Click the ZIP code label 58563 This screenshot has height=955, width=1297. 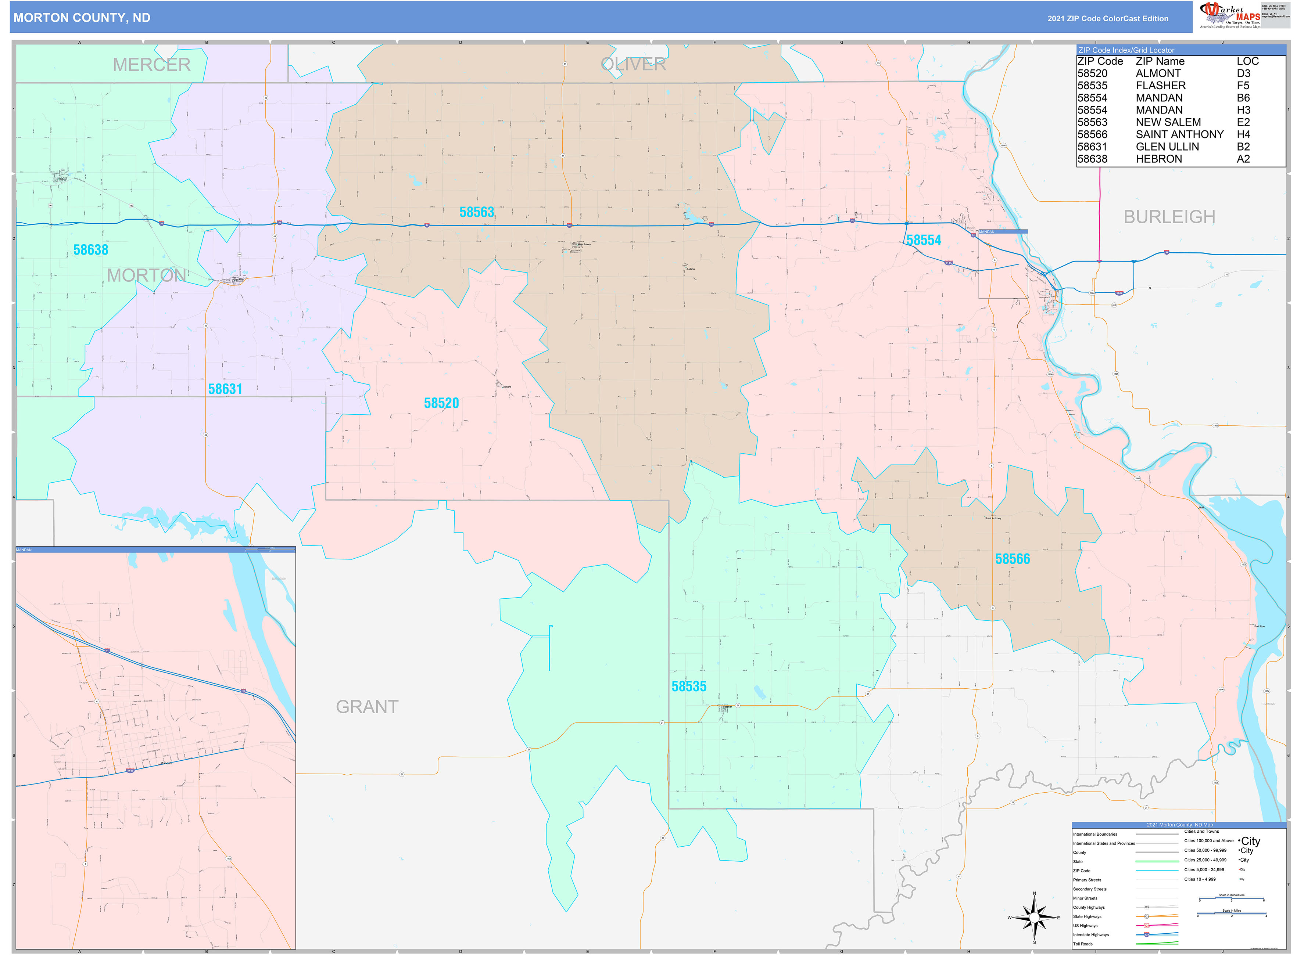click(477, 212)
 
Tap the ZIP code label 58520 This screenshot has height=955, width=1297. click(441, 403)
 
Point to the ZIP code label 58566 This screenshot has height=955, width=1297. click(1013, 559)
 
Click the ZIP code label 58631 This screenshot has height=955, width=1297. click(225, 389)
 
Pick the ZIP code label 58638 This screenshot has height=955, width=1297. click(91, 250)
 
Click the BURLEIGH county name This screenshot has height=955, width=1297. click(1169, 217)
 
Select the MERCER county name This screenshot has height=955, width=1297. click(151, 65)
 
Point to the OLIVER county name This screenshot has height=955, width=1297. click(634, 64)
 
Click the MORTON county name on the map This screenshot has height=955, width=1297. click(146, 275)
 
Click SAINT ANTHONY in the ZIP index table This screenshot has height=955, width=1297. click(1179, 134)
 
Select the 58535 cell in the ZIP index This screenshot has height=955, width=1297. click(1092, 86)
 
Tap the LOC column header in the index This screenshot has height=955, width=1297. click(1247, 61)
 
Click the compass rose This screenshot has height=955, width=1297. click(1034, 918)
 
